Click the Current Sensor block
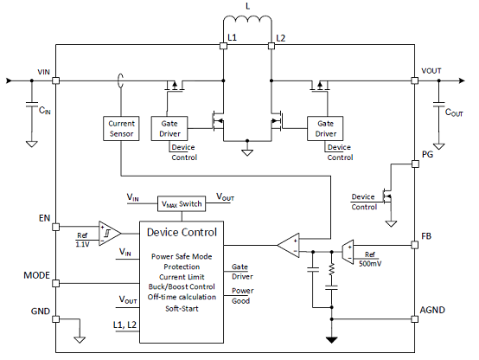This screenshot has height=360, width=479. coord(121,128)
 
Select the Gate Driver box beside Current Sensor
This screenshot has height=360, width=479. coord(169,128)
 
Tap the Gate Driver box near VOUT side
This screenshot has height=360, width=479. coord(325,128)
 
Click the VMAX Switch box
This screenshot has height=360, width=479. coord(182,203)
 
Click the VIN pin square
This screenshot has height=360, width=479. coord(55,80)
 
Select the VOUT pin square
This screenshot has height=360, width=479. coord(414,80)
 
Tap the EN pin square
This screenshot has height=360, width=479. coord(55,227)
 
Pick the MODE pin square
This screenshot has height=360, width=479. coord(55,283)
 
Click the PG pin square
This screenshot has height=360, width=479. coord(415,164)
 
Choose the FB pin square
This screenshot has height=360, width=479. coord(414,245)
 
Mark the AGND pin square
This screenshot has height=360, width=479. coord(414,319)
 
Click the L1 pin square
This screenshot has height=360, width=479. coord(223,46)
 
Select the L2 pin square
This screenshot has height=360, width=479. coord(271,46)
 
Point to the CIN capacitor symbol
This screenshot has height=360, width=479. coord(32,105)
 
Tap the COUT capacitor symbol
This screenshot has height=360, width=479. coord(439,105)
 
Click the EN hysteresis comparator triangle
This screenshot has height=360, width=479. coord(110,234)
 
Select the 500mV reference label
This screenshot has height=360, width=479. coord(370,263)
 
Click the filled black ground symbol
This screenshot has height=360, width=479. coord(331,340)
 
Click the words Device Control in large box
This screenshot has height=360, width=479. coord(182,233)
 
